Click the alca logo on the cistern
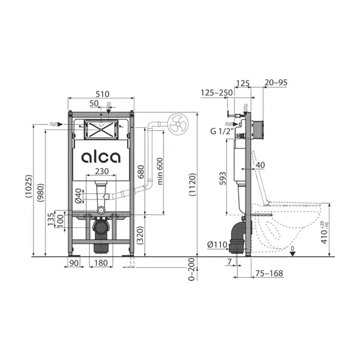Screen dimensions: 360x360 click(100, 157)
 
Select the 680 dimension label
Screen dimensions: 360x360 click(140, 173)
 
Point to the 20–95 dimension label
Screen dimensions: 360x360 click(277, 84)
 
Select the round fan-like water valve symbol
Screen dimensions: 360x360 click(177, 125)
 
